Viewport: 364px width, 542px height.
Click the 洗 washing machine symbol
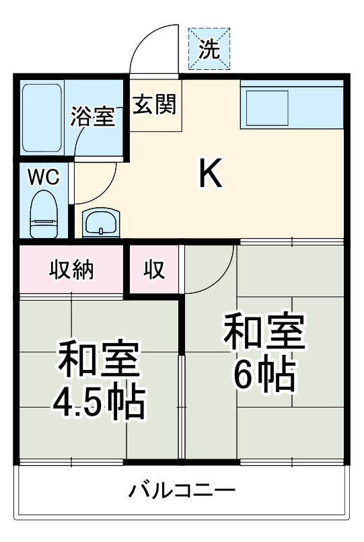209,48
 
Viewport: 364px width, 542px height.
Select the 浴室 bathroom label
94,117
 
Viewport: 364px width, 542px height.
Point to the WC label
43,178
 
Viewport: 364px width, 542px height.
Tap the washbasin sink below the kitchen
100,221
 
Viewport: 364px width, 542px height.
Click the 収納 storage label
71,270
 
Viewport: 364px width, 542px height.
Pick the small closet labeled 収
154,270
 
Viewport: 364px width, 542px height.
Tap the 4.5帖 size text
99,401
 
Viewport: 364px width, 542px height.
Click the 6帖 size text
264,375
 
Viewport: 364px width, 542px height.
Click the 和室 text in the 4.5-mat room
99,361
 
